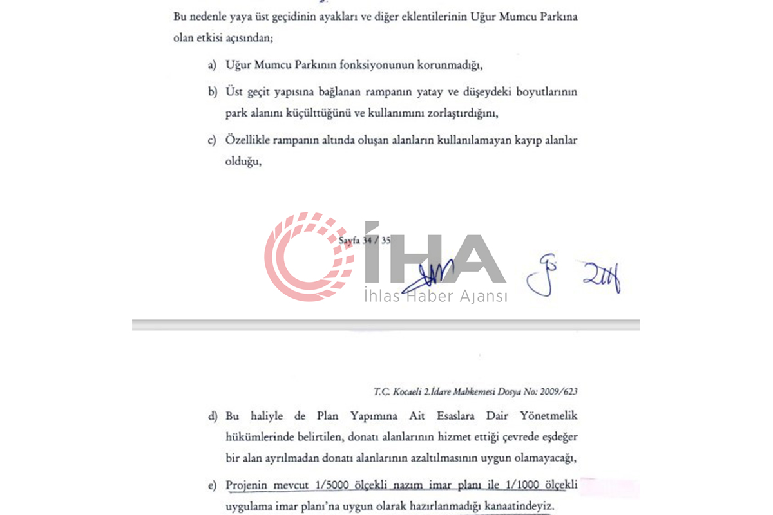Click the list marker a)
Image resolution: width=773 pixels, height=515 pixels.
click(211, 66)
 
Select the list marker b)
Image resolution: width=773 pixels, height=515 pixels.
click(211, 93)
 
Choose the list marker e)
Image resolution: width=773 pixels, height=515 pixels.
click(211, 485)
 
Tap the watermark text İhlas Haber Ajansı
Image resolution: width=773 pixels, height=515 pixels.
click(435, 295)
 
